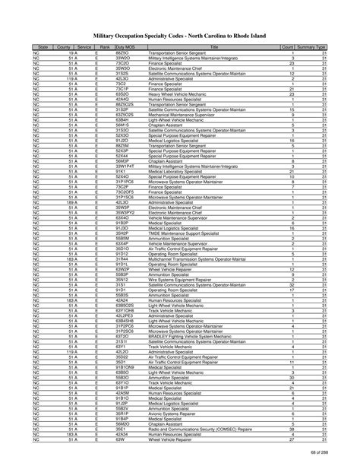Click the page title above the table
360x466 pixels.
point(179,34)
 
